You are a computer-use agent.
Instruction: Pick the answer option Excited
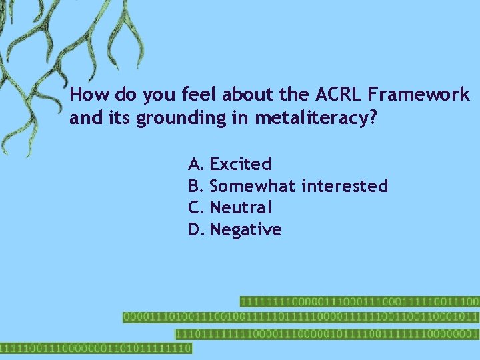pyautogui.click(x=240, y=164)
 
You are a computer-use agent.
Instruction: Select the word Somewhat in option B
pyautogui.click(x=253, y=186)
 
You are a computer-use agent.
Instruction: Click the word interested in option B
pyautogui.click(x=345, y=186)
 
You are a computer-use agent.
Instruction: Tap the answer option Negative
pyautogui.click(x=245, y=230)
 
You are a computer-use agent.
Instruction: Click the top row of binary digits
pyautogui.click(x=359, y=302)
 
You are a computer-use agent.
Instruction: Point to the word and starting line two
pyautogui.click(x=83, y=118)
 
